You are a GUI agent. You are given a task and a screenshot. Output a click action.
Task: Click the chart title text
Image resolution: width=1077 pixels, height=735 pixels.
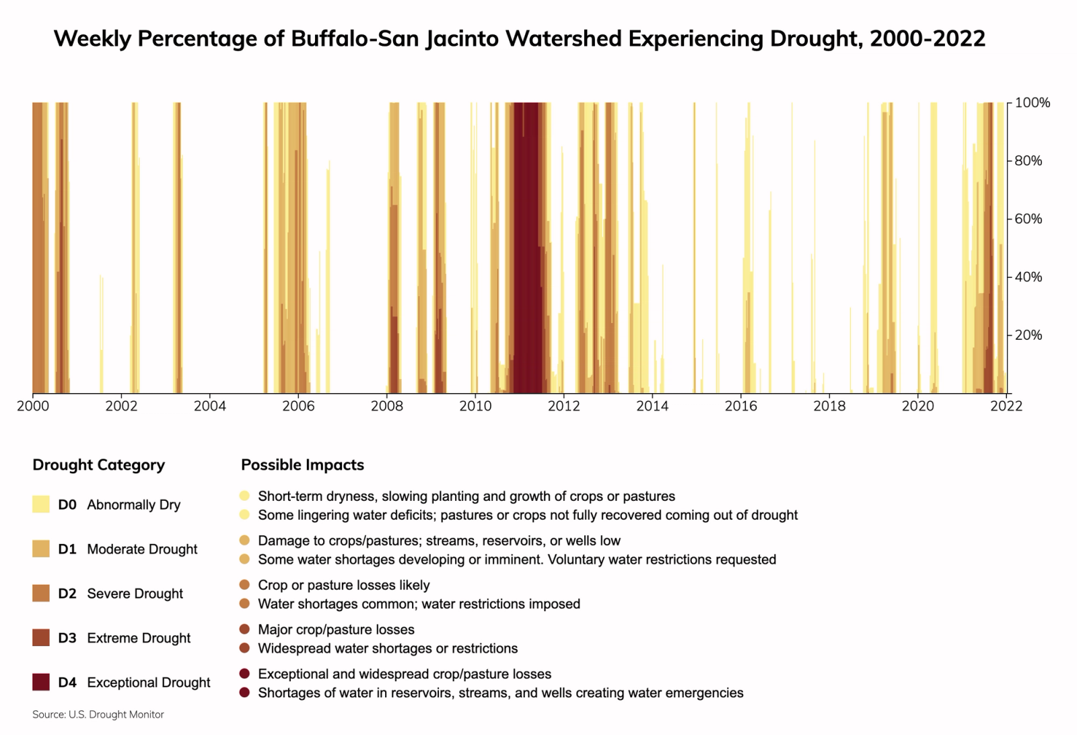[x=519, y=38]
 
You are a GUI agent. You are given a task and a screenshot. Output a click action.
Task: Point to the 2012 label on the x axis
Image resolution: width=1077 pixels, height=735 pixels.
[x=563, y=406]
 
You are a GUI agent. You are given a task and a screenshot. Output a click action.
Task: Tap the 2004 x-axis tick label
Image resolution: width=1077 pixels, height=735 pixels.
[x=209, y=406]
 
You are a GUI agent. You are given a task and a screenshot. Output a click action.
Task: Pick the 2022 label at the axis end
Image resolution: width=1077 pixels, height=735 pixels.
[x=1006, y=406]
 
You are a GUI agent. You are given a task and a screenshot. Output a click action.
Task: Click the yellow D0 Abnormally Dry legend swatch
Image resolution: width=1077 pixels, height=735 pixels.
[x=41, y=505]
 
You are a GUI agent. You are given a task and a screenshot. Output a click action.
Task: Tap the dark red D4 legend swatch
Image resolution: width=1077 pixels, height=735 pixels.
[x=41, y=682]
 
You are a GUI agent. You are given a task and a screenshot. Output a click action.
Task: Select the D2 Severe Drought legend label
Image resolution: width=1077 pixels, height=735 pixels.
[x=120, y=594]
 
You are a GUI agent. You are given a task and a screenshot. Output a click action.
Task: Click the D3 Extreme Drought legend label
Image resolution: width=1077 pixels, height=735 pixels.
[x=124, y=638]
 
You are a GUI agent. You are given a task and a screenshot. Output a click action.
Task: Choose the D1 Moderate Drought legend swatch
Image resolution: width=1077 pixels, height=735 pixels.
[x=41, y=549]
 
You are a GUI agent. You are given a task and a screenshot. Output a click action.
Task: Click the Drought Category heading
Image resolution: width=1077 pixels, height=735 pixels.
[x=98, y=465]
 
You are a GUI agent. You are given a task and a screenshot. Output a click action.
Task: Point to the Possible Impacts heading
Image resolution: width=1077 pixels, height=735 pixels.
[x=302, y=465]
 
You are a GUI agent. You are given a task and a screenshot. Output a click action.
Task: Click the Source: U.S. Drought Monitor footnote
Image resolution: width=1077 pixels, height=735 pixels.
[x=98, y=715]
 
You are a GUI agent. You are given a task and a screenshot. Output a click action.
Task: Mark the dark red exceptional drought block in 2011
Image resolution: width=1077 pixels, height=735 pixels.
[x=527, y=249]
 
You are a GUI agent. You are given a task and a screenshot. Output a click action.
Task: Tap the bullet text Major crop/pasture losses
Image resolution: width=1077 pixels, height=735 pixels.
[x=336, y=630]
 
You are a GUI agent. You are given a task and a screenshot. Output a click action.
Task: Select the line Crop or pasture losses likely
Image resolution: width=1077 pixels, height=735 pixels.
[x=343, y=586]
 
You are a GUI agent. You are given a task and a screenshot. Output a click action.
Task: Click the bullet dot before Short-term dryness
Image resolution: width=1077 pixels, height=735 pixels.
[x=244, y=496]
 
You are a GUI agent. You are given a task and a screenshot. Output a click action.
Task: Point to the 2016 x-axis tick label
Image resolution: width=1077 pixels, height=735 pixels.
[x=740, y=406]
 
